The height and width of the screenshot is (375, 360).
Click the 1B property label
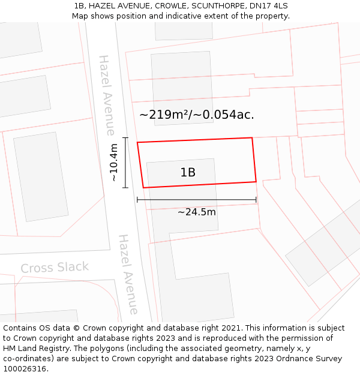(188, 173)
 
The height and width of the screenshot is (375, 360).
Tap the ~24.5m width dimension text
(197, 212)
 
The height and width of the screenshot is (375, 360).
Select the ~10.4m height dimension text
(113, 163)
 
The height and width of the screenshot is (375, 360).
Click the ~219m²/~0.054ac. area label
(197, 115)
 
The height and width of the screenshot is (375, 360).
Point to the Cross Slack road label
(55, 268)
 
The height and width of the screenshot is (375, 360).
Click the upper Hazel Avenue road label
(107, 95)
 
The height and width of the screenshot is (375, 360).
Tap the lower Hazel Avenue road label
(128, 274)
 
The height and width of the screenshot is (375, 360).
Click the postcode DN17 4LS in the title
(267, 5)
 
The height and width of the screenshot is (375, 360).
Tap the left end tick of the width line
(137, 200)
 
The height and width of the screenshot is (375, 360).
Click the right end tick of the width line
(256, 200)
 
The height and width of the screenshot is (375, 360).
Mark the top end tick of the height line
(125, 138)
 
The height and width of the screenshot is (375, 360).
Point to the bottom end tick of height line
(125, 188)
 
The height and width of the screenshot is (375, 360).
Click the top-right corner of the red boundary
(252, 138)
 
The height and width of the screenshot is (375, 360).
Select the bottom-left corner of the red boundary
(143, 188)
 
